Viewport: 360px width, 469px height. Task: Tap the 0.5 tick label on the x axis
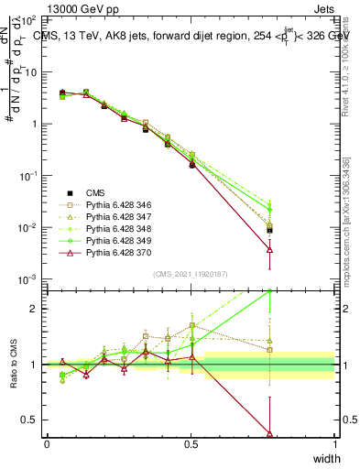point(191,444)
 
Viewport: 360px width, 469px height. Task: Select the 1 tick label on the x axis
point(335,444)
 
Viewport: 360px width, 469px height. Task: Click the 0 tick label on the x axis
point(47,444)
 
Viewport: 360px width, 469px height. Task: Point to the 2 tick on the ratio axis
point(33,308)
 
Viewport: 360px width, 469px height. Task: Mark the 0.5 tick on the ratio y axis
point(30,420)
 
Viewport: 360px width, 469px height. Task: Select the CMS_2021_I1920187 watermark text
point(191,274)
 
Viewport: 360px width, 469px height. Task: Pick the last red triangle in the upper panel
point(269,248)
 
